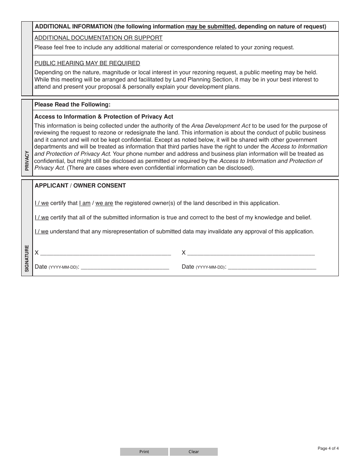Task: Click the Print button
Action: (144, 452)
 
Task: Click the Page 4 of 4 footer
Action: (328, 449)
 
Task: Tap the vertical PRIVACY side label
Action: (27, 161)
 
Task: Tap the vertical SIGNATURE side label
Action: (27, 258)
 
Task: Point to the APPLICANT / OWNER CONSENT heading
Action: (80, 186)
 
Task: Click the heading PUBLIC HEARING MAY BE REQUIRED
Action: (87, 63)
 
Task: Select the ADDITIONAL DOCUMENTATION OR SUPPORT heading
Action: (99, 38)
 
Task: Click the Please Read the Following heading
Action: (72, 105)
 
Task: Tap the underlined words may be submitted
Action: (210, 27)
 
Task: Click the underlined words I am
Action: (85, 203)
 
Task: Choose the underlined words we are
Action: (104, 203)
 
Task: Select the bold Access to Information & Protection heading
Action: (104, 117)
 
